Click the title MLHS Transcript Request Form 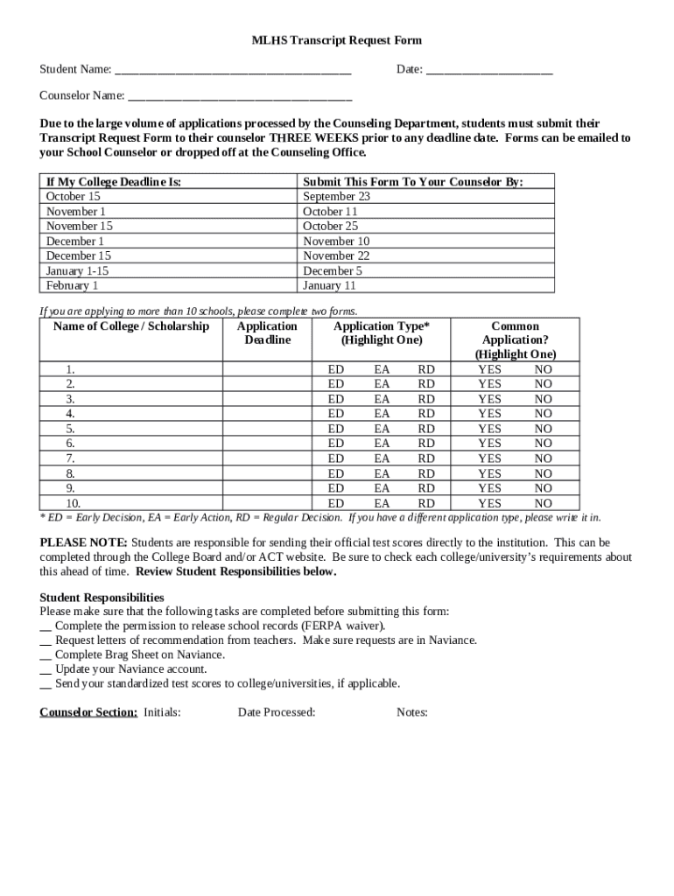[x=337, y=40]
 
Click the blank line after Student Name [x=233, y=71]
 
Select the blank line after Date [x=489, y=71]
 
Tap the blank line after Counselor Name [x=240, y=98]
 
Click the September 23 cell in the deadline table [x=336, y=197]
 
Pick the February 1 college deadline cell [x=73, y=285]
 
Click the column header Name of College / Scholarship [x=131, y=326]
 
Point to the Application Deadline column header [x=267, y=332]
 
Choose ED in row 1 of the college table [x=335, y=369]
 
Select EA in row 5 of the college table [x=382, y=429]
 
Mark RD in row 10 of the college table [x=426, y=503]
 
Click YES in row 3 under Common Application [x=489, y=399]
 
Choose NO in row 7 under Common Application [x=544, y=458]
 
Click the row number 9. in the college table [x=70, y=488]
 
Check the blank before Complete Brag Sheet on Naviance [x=46, y=654]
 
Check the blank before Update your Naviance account [x=46, y=669]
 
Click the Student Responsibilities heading [x=102, y=597]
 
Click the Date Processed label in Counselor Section [x=277, y=712]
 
